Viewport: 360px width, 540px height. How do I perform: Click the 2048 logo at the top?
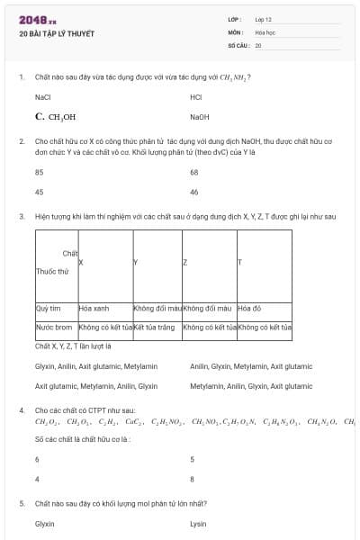coord(38,19)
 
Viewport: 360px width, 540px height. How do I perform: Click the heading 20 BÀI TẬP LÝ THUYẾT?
coord(56,34)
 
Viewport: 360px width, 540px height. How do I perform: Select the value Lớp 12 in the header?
coord(264,19)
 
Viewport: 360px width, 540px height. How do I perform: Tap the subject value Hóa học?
coord(265,31)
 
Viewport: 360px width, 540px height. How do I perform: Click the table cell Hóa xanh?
coord(94,309)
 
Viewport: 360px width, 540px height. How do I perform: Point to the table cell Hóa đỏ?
coord(249,309)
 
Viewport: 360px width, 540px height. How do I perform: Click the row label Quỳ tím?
coord(49,309)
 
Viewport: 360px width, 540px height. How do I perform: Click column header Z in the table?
coord(184,263)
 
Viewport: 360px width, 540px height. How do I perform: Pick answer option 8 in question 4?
coord(193,479)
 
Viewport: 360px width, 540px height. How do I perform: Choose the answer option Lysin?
coord(199,523)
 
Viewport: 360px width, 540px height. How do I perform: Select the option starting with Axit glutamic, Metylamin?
coord(96,385)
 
